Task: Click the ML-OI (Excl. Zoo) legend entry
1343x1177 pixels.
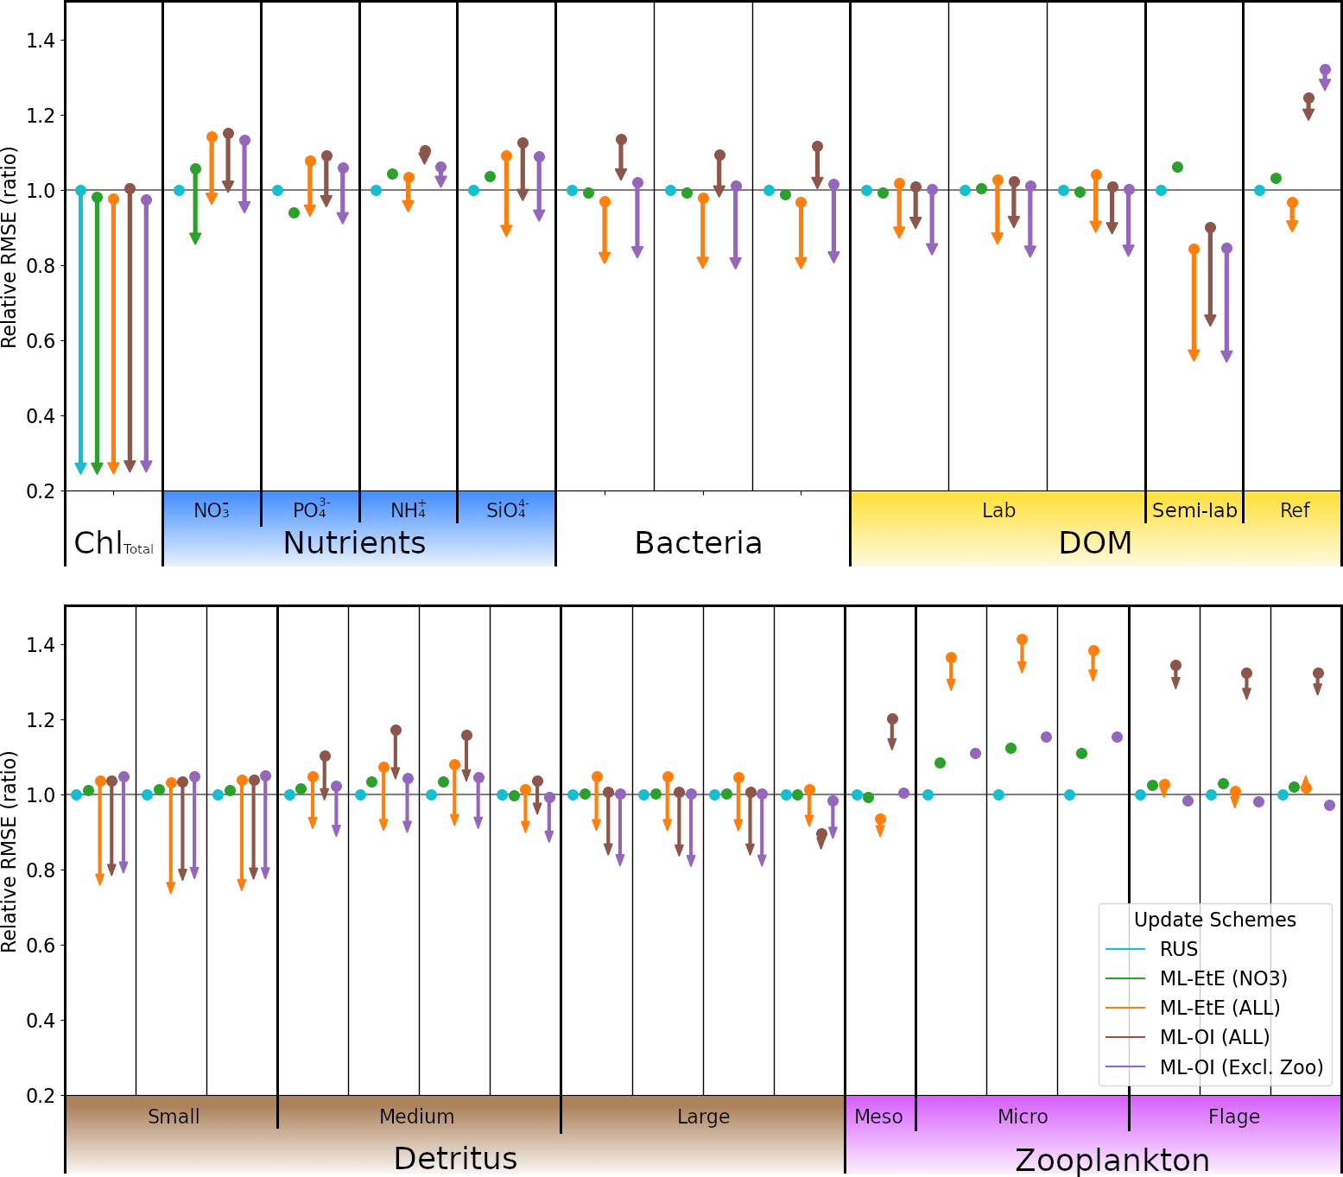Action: click(1241, 1067)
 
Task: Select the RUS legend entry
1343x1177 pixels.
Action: click(1179, 950)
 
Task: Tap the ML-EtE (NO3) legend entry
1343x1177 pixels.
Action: click(1223, 979)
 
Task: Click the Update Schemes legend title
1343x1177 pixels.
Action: click(1214, 921)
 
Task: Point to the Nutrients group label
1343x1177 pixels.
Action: click(354, 543)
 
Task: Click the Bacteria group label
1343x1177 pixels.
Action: click(698, 543)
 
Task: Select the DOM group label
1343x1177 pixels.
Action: click(1095, 543)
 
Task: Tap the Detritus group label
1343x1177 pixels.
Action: click(455, 1158)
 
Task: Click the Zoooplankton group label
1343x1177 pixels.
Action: click(1112, 1160)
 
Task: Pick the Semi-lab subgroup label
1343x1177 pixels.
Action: click(1194, 511)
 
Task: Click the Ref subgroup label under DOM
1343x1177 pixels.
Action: click(1295, 511)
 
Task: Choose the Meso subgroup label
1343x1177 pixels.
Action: click(878, 1117)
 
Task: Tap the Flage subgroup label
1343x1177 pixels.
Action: click(1233, 1117)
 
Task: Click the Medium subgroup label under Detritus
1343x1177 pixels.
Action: click(416, 1117)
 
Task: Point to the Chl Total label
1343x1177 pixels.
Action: click(113, 544)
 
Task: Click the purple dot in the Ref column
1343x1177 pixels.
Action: click(1325, 70)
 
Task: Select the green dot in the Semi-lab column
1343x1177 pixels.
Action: click(1177, 168)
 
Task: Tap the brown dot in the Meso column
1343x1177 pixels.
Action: click(892, 719)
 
